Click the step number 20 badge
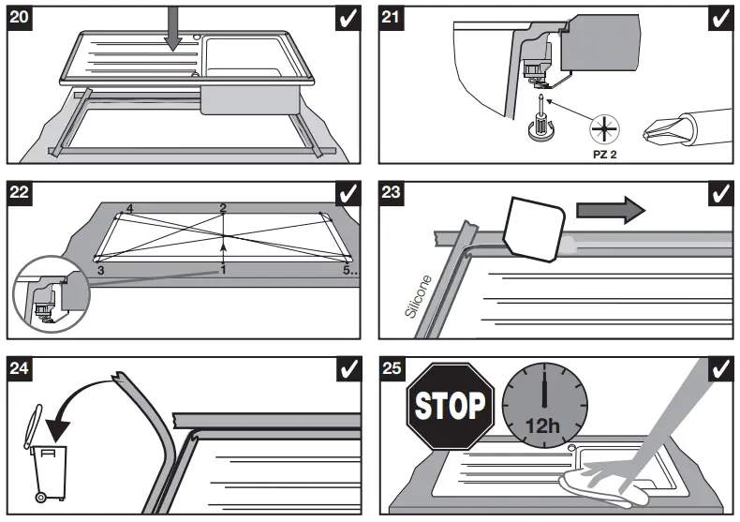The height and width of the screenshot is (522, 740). pos(20,18)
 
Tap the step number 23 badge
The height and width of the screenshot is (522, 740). pos(393,193)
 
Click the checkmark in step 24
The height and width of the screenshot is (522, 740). pos(348,369)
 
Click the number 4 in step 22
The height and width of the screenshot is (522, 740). pos(129,208)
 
